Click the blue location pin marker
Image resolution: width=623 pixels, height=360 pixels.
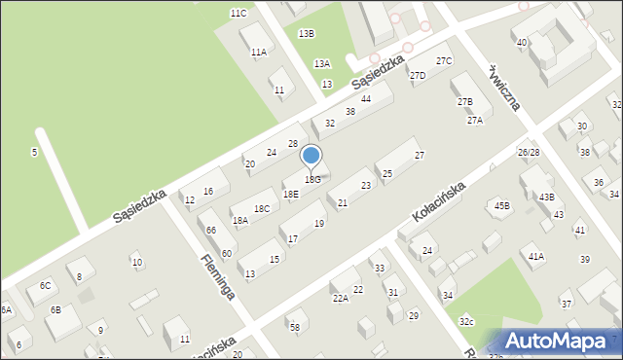click(x=311, y=157)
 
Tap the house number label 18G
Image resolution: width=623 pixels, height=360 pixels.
click(x=311, y=180)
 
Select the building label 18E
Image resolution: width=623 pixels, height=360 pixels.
click(x=291, y=194)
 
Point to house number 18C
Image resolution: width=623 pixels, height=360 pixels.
click(x=261, y=208)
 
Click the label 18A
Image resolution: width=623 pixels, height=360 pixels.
click(x=240, y=221)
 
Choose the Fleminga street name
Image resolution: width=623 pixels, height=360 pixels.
click(x=218, y=275)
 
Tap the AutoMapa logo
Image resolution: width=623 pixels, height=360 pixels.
click(x=561, y=341)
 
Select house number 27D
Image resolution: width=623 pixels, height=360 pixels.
click(x=418, y=76)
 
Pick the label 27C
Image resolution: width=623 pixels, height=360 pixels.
click(x=444, y=61)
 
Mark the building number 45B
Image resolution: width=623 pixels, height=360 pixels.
click(x=501, y=205)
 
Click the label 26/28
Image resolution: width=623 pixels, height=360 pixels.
click(x=529, y=153)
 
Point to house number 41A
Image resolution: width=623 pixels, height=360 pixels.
click(x=535, y=256)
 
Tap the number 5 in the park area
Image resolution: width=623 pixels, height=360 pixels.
click(x=34, y=152)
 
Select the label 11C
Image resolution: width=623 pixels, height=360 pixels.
click(x=238, y=13)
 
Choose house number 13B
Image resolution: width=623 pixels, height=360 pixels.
click(x=306, y=33)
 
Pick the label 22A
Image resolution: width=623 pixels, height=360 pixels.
click(x=340, y=299)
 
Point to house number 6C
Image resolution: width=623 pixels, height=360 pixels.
click(x=45, y=285)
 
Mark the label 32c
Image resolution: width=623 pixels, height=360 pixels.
click(x=467, y=321)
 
